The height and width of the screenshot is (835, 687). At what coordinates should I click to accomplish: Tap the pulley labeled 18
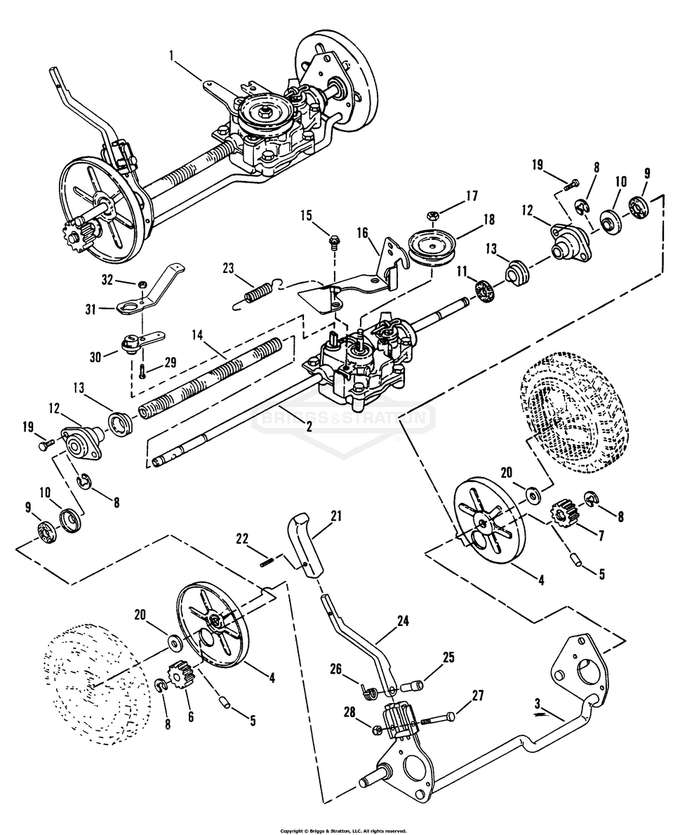[x=432, y=249]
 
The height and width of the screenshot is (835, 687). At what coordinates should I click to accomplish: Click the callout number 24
[x=402, y=621]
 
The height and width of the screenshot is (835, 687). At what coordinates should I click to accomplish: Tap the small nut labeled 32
[x=142, y=283]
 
